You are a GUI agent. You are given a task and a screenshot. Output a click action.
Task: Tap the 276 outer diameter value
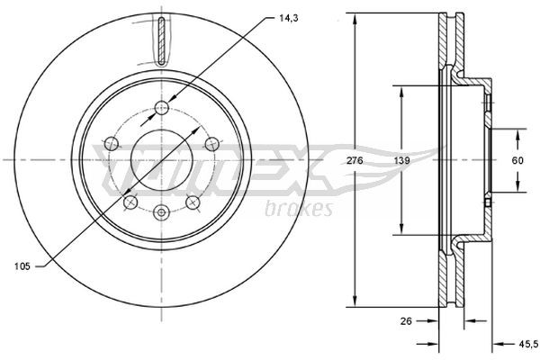coord(355,159)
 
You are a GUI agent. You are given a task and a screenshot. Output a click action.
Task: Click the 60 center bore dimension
coord(518,159)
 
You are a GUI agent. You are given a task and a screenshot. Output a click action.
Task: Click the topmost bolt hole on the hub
coord(162,109)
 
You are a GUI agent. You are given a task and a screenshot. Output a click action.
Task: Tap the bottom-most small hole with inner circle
coord(162,212)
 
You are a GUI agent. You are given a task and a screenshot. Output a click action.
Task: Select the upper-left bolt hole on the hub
coord(112,141)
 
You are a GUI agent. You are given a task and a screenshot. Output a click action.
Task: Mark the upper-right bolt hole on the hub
coord(211,141)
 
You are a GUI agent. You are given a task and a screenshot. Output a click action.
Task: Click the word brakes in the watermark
coord(300,209)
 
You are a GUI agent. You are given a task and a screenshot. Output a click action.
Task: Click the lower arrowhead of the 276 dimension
coord(355,303)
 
